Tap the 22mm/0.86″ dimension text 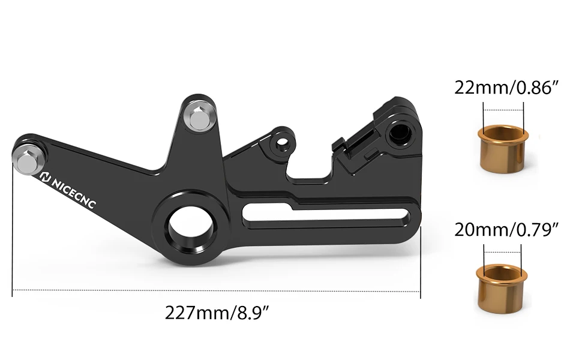507,88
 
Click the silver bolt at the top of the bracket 198,116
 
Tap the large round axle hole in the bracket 190,227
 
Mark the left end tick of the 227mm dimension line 13,290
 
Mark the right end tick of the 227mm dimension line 420,290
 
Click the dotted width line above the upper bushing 503,110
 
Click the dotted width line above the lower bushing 503,251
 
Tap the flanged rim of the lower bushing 502,274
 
